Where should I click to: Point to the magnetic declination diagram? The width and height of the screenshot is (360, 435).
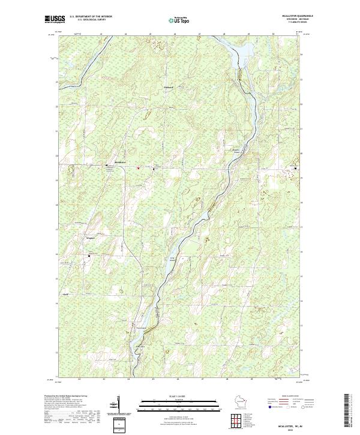click(118, 405)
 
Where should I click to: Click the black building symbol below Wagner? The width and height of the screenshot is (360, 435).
click(89, 256)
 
